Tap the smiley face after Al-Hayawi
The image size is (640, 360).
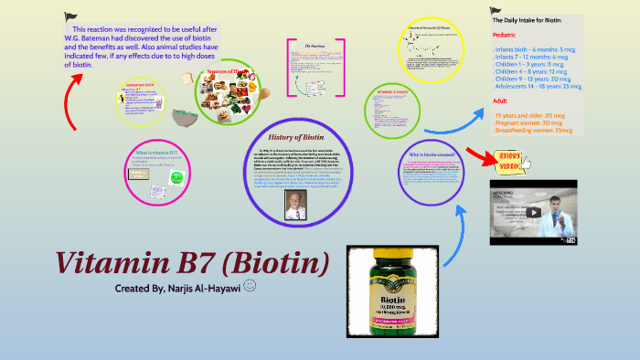pos(251,287)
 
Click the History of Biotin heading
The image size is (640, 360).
pos(290,137)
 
